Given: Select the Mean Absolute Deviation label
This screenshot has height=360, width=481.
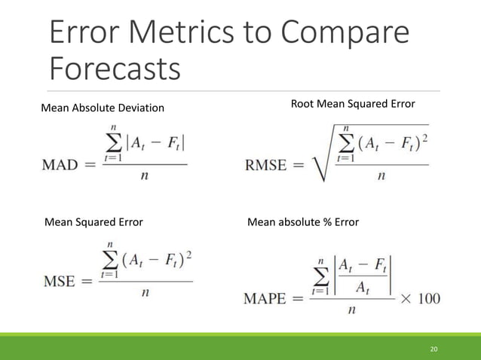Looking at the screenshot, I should tap(102, 108).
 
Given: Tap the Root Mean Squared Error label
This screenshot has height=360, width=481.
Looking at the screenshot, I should tap(353, 103).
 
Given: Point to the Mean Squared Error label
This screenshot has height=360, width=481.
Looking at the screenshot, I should tap(94, 222).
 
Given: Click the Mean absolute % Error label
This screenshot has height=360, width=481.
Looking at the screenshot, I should tap(303, 222).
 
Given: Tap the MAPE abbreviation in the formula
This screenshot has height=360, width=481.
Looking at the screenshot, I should tap(265, 299).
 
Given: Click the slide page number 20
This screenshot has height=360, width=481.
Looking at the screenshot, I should tap(434, 349).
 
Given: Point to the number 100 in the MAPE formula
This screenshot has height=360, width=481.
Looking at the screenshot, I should tap(427, 299).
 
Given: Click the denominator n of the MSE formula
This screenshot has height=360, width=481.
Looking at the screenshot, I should tap(143, 294).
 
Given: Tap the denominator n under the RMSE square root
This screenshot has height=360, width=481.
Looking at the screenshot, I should tap(381, 176).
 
